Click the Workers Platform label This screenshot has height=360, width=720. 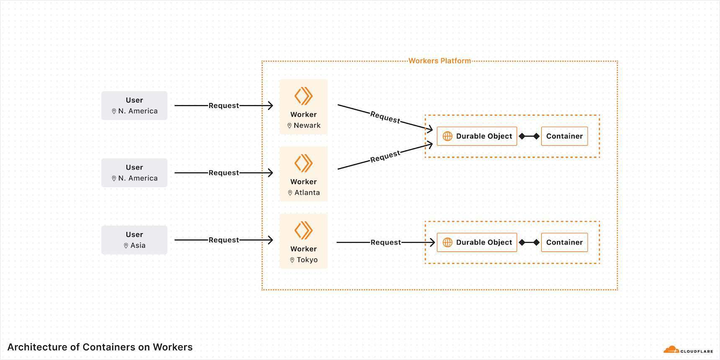(x=440, y=61)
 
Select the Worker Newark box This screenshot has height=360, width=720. (x=303, y=107)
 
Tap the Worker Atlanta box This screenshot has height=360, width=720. (x=303, y=174)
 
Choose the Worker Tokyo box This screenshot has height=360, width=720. (x=303, y=241)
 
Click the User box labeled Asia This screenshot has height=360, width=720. (x=134, y=240)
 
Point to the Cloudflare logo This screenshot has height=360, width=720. (x=688, y=350)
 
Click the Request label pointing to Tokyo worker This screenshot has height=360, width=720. (x=224, y=240)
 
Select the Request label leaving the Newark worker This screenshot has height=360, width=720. (x=385, y=117)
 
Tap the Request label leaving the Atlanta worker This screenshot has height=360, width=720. (x=385, y=156)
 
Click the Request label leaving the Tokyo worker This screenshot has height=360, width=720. (x=386, y=242)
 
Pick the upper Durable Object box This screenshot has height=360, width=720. (x=477, y=136)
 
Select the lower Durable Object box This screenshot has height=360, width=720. (x=477, y=242)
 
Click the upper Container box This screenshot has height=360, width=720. (x=564, y=136)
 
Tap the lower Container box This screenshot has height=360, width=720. (x=564, y=242)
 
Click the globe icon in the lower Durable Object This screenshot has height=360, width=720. (x=447, y=242)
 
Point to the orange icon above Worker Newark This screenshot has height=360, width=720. (x=303, y=96)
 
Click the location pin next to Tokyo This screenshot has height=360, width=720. (x=292, y=260)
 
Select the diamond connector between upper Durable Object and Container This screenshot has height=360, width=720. (x=529, y=136)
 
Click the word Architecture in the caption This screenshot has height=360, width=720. (x=37, y=347)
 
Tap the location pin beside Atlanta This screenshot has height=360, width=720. (x=290, y=193)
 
